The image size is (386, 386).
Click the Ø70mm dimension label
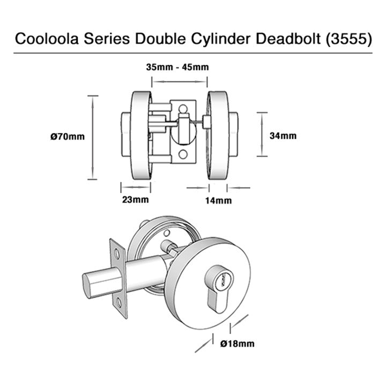point(67,137)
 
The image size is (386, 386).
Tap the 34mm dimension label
point(282,136)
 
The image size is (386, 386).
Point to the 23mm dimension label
point(135,200)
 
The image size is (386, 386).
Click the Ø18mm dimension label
point(237,343)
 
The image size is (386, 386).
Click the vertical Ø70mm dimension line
point(93,137)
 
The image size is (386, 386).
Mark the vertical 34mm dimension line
point(261,134)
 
